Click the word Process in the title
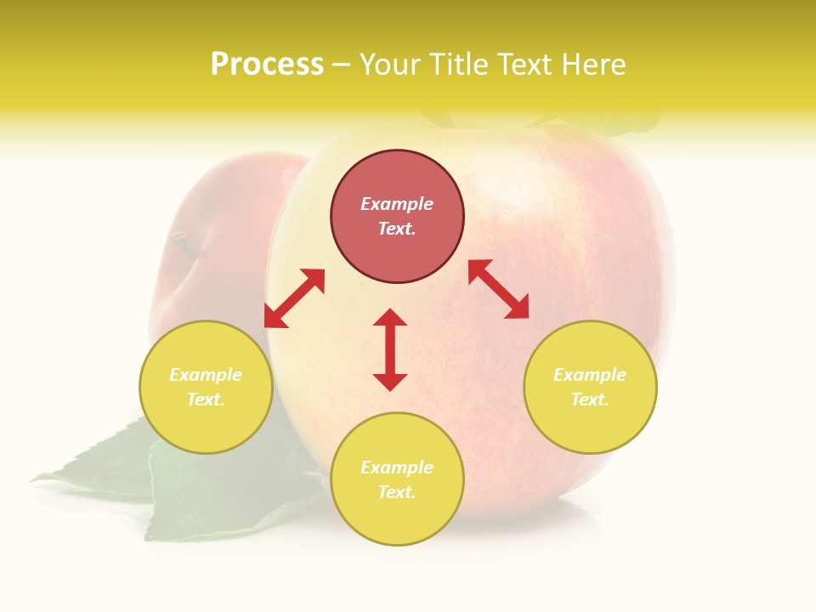[x=267, y=65]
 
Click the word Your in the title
[x=389, y=65]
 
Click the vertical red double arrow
[x=390, y=349]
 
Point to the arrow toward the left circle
[x=294, y=297]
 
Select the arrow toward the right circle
[x=499, y=289]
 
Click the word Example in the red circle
[x=397, y=204]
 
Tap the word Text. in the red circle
[x=397, y=229]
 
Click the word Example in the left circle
[x=206, y=375]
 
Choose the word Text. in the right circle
[x=590, y=399]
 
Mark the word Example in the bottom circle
[x=397, y=467]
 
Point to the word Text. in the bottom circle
[x=397, y=492]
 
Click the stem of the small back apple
[x=183, y=242]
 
